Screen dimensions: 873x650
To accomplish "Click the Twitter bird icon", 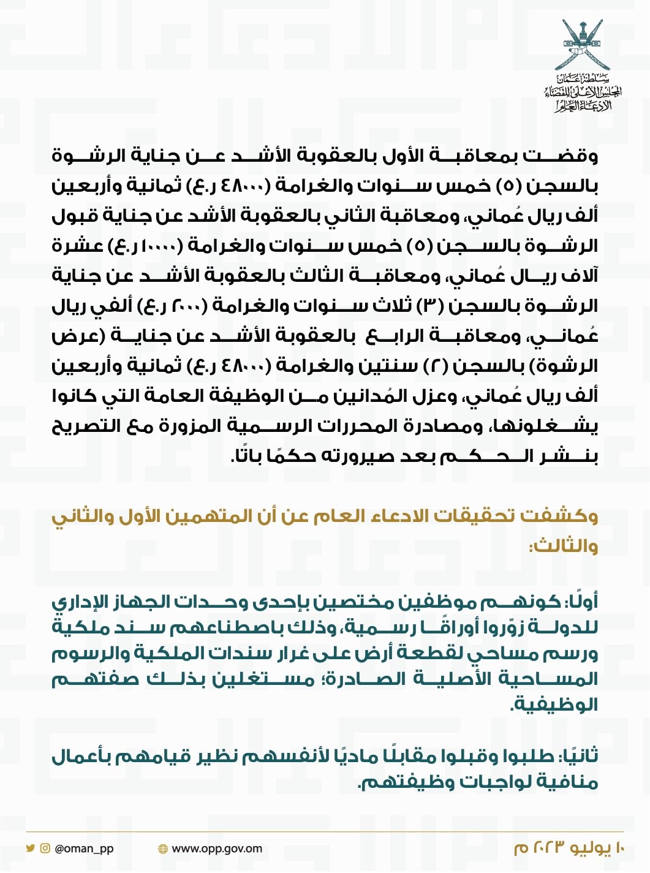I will click(30, 848).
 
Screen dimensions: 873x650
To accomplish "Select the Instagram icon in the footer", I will click(45, 848).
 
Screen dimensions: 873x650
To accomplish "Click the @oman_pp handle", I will click(84, 849).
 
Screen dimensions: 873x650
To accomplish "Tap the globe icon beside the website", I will click(162, 849).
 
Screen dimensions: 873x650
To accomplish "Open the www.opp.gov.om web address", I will click(217, 849).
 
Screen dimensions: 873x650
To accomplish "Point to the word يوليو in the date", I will click(591, 849).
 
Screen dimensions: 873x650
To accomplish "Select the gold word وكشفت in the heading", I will click(559, 516).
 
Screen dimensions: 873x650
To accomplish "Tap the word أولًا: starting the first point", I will click(581, 602).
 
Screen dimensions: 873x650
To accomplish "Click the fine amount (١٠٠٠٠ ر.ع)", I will click(146, 246).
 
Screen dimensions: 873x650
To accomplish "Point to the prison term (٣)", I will click(426, 306).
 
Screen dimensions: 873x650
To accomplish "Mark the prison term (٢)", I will click(433, 366).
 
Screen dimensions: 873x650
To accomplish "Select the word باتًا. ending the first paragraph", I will click(246, 456).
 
